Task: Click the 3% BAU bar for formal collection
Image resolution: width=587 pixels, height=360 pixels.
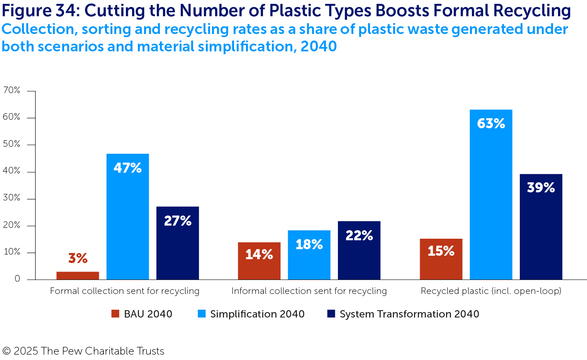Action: pos(78,275)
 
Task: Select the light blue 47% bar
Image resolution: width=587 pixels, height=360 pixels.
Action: pos(127,216)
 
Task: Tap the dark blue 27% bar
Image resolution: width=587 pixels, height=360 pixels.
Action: pos(178,243)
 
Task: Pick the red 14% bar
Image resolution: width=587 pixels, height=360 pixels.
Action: pos(259,261)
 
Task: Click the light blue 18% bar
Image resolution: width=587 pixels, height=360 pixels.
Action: pos(309,255)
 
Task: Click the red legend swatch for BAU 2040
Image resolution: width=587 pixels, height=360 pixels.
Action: pos(115,314)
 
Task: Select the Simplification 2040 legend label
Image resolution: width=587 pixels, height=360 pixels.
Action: pos(257,314)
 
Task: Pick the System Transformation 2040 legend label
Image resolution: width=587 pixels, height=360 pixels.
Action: pos(409,314)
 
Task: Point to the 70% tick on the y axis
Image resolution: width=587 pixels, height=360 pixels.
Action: pos(12,90)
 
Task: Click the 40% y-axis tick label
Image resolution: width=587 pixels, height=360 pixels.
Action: pos(12,171)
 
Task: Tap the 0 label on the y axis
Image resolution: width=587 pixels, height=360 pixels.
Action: pos(17,279)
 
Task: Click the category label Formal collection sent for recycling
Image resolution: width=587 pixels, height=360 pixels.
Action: pos(125,291)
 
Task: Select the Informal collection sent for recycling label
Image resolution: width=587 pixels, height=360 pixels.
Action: pos(309,291)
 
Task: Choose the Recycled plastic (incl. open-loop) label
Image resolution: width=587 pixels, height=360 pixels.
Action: pos(491,291)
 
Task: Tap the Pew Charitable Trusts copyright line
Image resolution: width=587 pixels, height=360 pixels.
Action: pos(83,351)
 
